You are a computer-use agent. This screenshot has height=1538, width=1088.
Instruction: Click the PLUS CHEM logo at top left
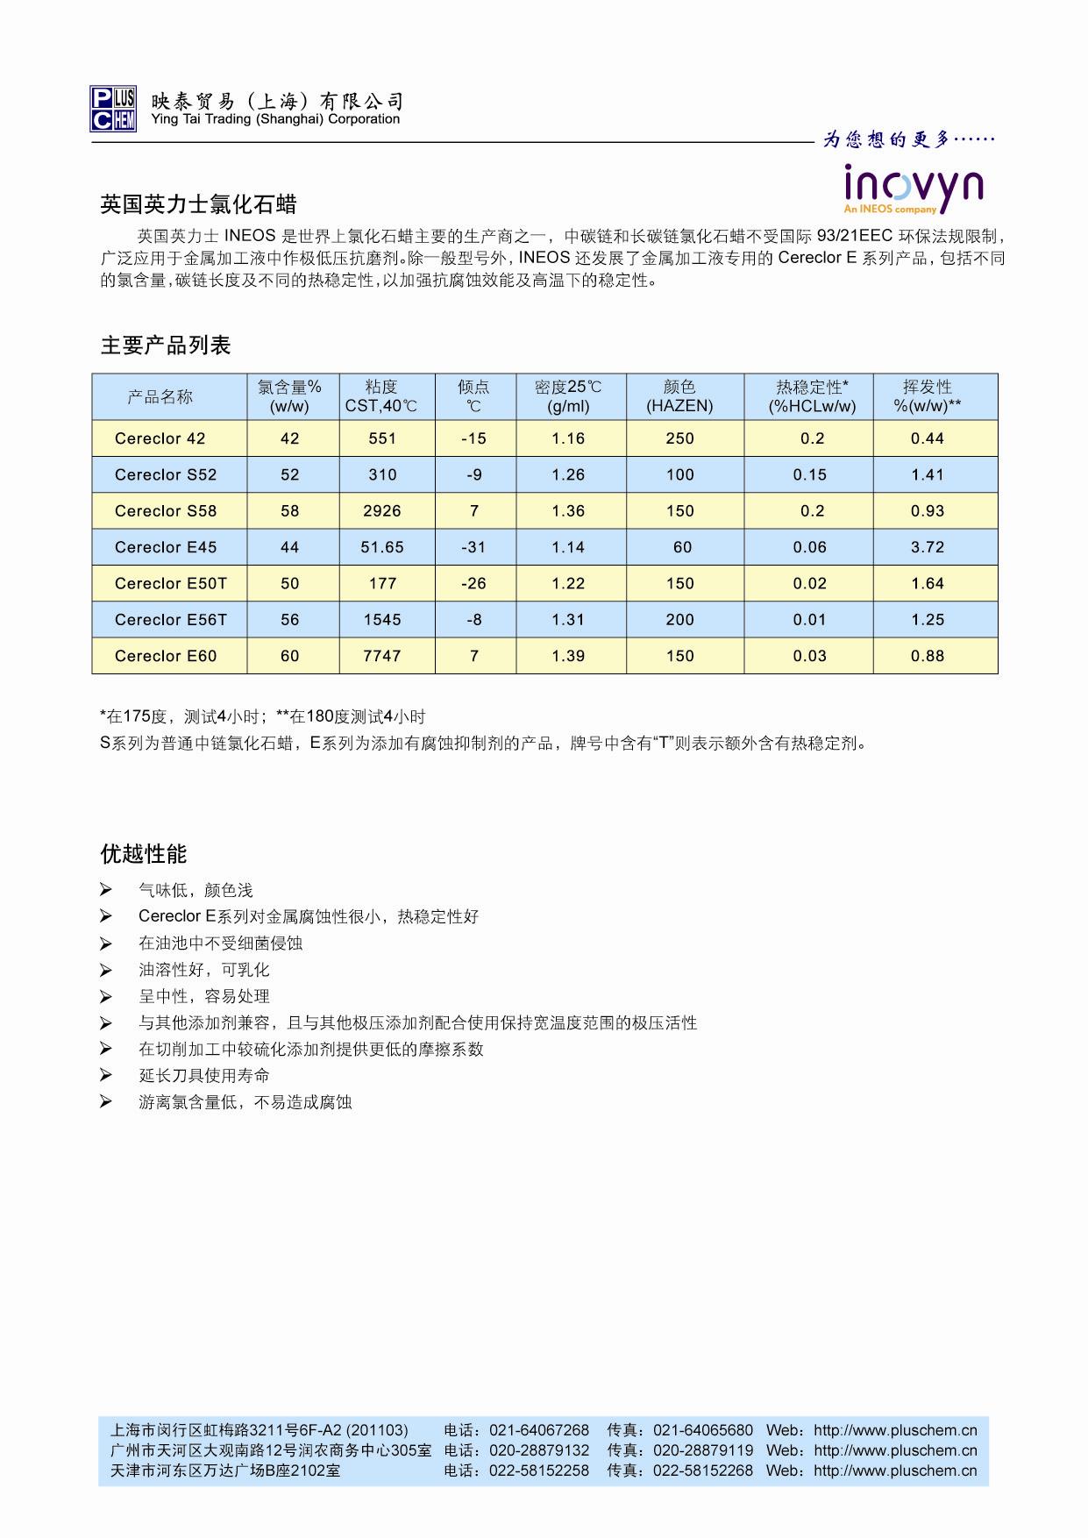pos(113,110)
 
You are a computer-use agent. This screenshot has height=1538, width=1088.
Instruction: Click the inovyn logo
pos(913,188)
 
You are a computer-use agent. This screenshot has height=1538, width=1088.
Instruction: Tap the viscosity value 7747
pos(382,656)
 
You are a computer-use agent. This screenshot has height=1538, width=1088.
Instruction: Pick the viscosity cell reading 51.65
pos(382,547)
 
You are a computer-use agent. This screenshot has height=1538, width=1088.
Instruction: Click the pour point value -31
pos(473,547)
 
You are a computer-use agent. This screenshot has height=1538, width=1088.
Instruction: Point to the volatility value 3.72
pos(927,547)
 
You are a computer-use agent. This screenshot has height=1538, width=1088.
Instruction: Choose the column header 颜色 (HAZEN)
pos(679,396)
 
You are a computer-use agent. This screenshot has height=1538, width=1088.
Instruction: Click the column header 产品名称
pos(160,396)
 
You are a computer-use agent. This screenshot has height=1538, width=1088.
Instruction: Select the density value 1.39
pos(568,656)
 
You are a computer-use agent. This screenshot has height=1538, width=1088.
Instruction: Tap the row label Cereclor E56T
pos(171,620)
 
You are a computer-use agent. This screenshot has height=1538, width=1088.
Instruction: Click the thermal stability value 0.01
pos(809,620)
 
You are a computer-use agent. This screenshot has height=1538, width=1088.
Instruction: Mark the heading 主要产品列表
pos(166,345)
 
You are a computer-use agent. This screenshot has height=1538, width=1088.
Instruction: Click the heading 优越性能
pos(144,854)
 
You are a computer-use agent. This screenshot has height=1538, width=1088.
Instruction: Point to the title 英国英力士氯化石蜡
pos(199,205)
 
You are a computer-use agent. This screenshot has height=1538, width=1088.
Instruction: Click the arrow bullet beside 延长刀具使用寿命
pos(106,1076)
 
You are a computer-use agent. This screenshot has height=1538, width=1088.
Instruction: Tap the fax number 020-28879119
pos(703,1450)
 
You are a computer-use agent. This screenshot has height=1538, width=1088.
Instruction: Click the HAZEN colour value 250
pos(679,438)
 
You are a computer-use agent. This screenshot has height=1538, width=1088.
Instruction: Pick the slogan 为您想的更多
pos(908,139)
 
